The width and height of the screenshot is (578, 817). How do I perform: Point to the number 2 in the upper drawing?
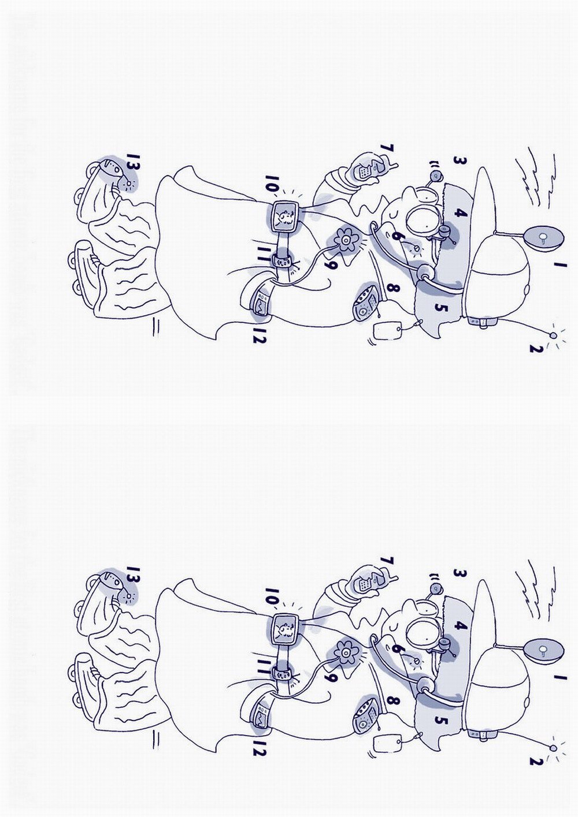click(537, 349)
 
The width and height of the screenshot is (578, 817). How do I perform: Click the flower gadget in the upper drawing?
click(344, 240)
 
